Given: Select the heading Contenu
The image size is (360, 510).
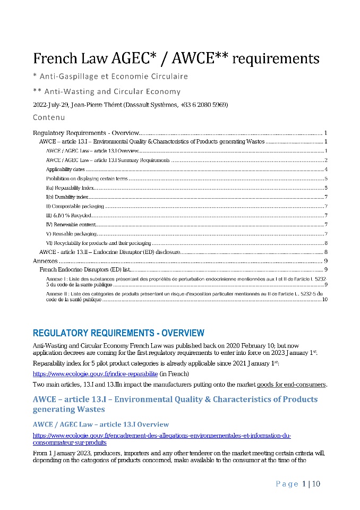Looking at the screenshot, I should (x=49, y=117).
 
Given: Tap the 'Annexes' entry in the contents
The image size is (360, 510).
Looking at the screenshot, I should (x=45, y=261).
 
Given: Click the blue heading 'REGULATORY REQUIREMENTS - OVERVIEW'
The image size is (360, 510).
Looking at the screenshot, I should (x=118, y=334).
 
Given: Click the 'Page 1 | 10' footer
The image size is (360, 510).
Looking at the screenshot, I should (x=297, y=483).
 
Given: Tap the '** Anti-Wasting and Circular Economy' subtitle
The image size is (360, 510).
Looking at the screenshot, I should (x=107, y=91).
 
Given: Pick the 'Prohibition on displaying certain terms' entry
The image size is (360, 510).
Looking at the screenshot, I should (x=87, y=178).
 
